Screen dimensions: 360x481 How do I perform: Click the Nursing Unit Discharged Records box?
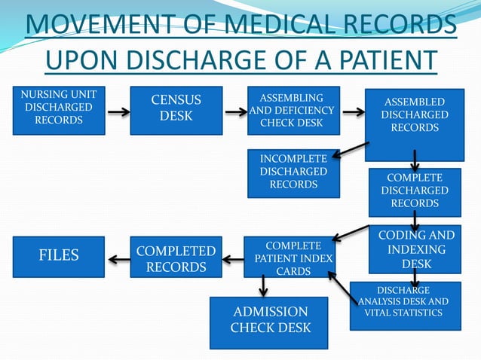pos(59,111)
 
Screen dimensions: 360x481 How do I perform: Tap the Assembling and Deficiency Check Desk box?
pos(292,111)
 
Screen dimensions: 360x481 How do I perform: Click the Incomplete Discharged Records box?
pos(293,174)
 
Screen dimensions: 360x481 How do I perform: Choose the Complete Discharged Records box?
pos(414,192)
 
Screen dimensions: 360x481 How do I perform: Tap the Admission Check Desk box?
pos(268,322)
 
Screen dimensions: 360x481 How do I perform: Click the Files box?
pos(59,256)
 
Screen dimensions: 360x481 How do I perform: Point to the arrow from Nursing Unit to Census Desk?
pos(118,113)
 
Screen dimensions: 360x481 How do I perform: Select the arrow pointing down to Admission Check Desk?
pos(263,285)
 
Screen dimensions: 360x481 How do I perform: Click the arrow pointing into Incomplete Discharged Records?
pos(349,153)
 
